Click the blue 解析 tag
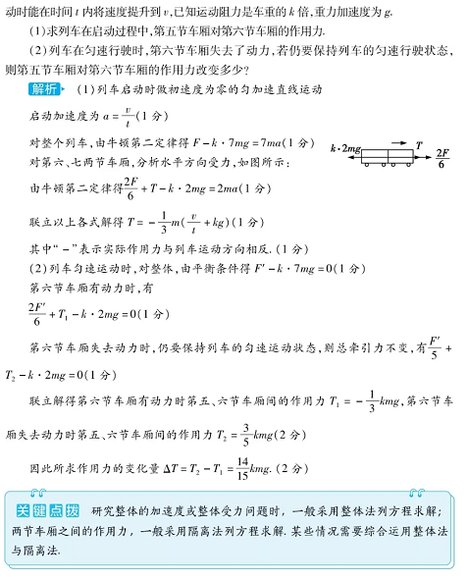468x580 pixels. click(x=46, y=89)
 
